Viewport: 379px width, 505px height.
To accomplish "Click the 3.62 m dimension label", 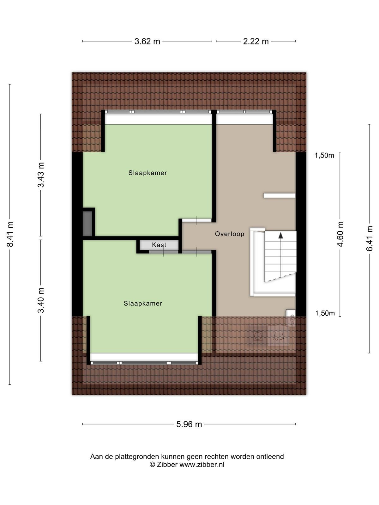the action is pos(147,41).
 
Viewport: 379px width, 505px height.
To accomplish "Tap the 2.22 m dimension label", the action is pos(256,41).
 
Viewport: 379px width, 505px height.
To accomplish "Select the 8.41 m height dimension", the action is pos(10,234).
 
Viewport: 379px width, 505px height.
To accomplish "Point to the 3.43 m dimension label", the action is pos(41,175).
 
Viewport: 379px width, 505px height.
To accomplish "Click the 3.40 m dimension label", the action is pos(41,300).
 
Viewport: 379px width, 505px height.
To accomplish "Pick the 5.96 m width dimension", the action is pos(189,424).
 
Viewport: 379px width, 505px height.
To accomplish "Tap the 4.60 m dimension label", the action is pos(340,234).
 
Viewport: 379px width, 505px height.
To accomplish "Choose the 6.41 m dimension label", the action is pos(369,239).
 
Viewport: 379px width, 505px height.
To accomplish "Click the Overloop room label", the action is pos(230,234).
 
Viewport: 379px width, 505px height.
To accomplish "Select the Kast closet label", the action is pos(159,245).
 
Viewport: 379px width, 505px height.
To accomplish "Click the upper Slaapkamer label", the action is pos(148,173).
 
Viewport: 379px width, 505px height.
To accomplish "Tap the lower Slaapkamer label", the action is pos(143,303).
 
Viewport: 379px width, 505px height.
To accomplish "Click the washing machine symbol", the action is pos(258,336).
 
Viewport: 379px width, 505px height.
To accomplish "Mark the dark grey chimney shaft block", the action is pos(87,224).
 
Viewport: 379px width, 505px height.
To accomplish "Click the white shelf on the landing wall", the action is pos(280,196).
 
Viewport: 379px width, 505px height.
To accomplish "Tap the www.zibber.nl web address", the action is pos(202,464).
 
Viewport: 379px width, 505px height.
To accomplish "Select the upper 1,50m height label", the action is pos(324,156).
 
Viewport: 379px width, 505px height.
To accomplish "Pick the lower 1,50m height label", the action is pos(325,313).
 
